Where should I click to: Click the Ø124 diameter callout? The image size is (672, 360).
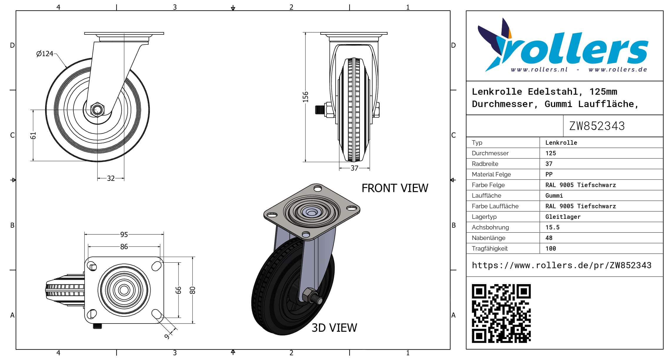pyautogui.click(x=45, y=54)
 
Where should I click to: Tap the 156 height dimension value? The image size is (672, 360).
pyautogui.click(x=306, y=97)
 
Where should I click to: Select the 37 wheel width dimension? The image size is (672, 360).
pyautogui.click(x=354, y=168)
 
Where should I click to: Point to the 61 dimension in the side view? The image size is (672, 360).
pyautogui.click(x=33, y=136)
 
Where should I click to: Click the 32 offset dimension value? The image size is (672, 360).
pyautogui.click(x=111, y=179)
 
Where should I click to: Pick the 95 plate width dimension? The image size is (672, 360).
pyautogui.click(x=124, y=234)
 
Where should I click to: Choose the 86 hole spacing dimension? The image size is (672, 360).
pyautogui.click(x=124, y=246)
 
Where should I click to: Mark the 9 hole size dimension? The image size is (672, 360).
pyautogui.click(x=167, y=336)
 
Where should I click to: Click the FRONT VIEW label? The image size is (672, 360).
pyautogui.click(x=395, y=188)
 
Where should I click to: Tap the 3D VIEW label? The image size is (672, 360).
pyautogui.click(x=334, y=328)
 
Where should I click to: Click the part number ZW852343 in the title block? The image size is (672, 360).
pyautogui.click(x=597, y=126)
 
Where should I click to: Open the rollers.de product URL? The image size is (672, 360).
pyautogui.click(x=561, y=265)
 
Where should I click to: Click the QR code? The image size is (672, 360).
pyautogui.click(x=501, y=313)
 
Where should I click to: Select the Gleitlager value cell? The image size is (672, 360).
pyautogui.click(x=563, y=217)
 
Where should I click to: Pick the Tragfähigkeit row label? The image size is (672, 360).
pyautogui.click(x=490, y=249)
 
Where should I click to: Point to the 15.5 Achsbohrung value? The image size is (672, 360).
pyautogui.click(x=552, y=227)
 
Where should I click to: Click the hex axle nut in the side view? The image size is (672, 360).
pyautogui.click(x=97, y=110)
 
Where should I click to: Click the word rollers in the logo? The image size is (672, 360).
pyautogui.click(x=574, y=49)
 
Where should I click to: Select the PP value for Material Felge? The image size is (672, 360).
pyautogui.click(x=549, y=174)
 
